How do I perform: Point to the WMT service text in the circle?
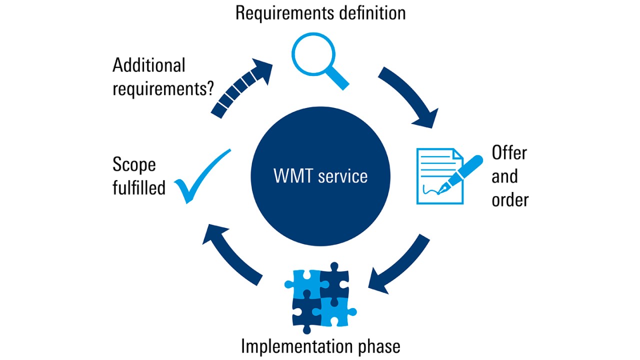pyautogui.click(x=320, y=176)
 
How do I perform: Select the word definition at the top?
pyautogui.click(x=372, y=12)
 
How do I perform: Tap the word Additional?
pyautogui.click(x=148, y=65)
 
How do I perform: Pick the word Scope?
pyautogui.click(x=134, y=164)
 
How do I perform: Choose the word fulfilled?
pyautogui.click(x=139, y=188)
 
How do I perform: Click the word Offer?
pyautogui.click(x=509, y=152)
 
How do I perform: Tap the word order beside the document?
pyautogui.click(x=510, y=199)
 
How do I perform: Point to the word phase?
pyautogui.click(x=380, y=346)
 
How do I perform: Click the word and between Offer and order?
pyautogui.click(x=504, y=176)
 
